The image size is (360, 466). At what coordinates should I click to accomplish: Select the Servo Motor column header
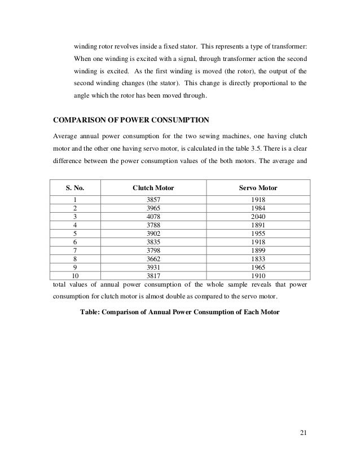[259, 187]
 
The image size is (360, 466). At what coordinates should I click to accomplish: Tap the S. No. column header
[73, 187]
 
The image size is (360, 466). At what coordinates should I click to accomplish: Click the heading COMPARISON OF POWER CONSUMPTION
[130, 120]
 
